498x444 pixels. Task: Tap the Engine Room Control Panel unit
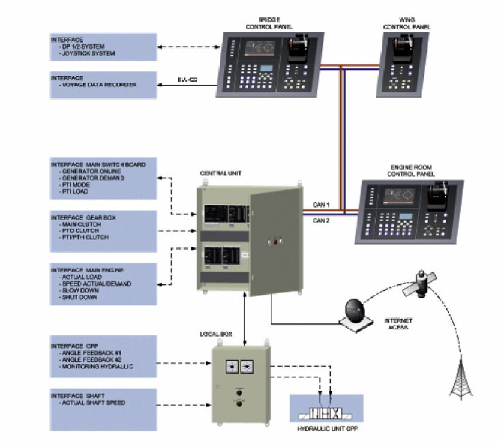[407, 208]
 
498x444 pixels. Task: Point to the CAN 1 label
[322, 205]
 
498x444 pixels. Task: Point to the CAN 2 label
[322, 220]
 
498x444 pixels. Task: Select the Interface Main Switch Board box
[103, 178]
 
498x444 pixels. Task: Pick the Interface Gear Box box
[103, 230]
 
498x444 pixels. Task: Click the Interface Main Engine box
[103, 283]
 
